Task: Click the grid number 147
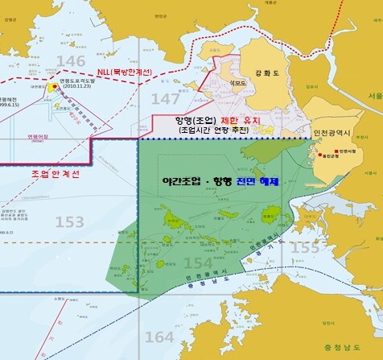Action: [x=166, y=99]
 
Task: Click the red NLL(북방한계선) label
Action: [x=129, y=72]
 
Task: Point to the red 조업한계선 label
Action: [x=55, y=173]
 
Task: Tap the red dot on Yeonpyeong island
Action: [x=53, y=86]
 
